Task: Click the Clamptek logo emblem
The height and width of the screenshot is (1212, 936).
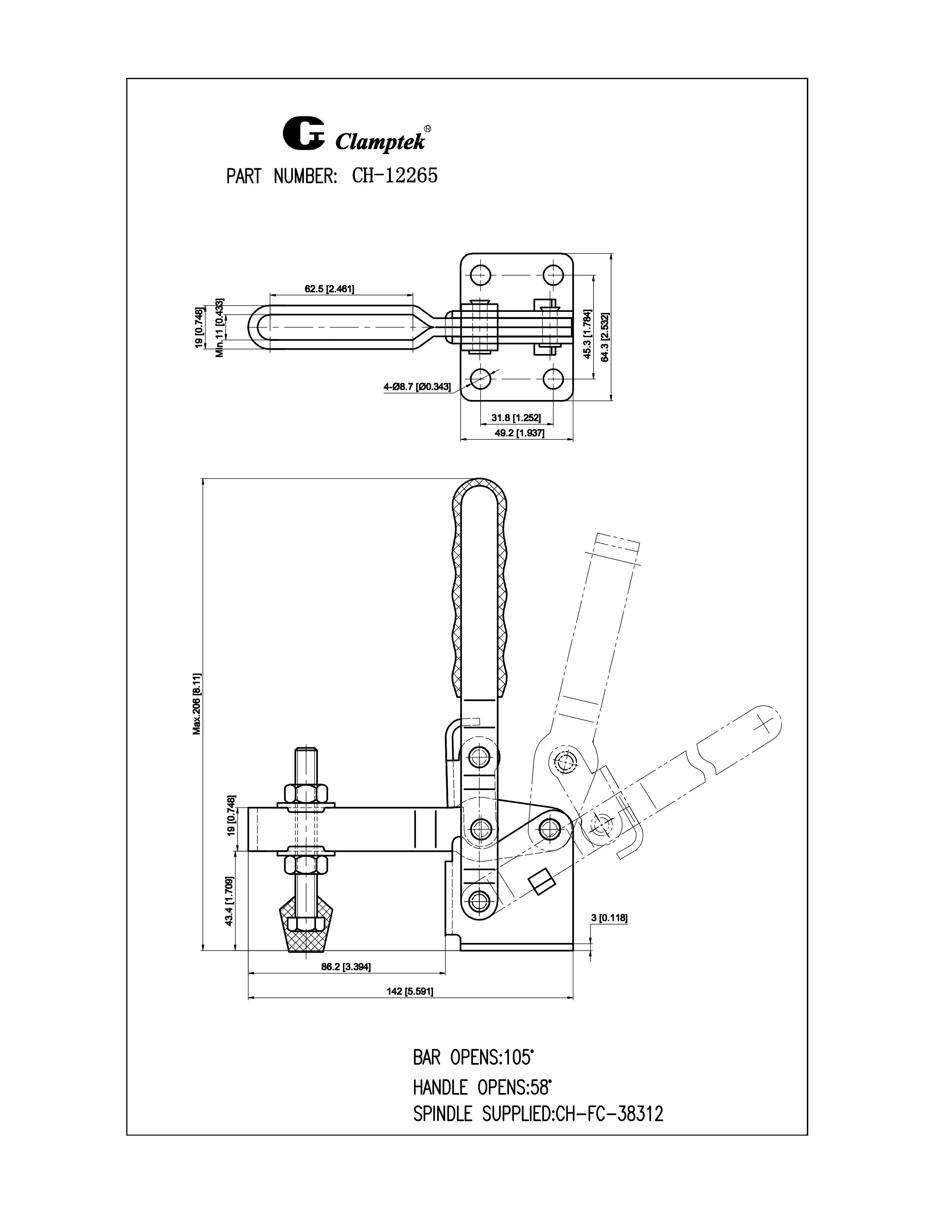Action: [x=303, y=133]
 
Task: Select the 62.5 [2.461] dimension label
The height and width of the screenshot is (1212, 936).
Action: [x=329, y=289]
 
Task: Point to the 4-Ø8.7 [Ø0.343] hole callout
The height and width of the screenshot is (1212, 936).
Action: [x=417, y=387]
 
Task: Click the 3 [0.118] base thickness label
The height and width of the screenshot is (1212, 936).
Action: [x=609, y=918]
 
